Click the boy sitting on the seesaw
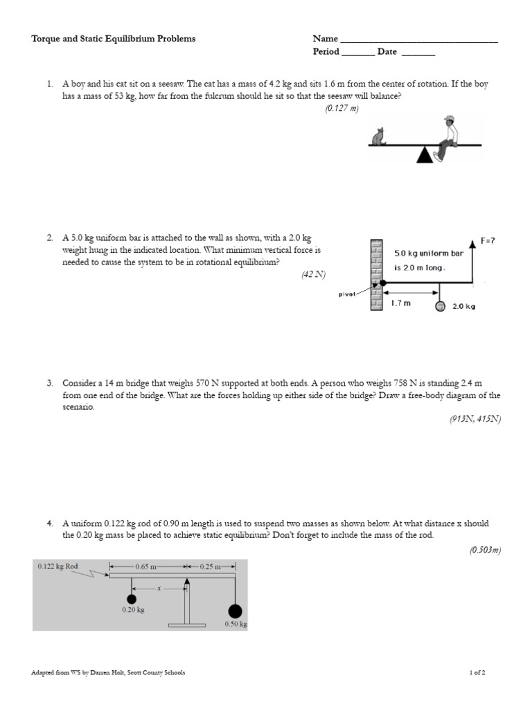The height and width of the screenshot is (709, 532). click(x=447, y=136)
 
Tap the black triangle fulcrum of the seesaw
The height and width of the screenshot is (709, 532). click(x=424, y=155)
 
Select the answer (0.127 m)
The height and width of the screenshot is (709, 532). click(x=342, y=109)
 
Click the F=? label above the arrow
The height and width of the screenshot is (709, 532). click(x=488, y=241)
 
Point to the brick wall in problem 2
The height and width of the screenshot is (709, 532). click(x=376, y=275)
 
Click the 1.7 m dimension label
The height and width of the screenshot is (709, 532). click(x=401, y=303)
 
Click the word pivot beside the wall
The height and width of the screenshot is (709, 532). click(x=348, y=294)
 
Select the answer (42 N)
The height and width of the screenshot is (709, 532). click(x=313, y=274)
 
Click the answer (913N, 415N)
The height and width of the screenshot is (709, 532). click(x=475, y=419)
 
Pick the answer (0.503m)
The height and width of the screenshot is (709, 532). click(x=485, y=550)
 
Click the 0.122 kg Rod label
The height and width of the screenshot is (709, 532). click(x=58, y=566)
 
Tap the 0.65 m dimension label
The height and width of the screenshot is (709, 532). click(x=146, y=566)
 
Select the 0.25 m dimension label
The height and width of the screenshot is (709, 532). click(x=210, y=566)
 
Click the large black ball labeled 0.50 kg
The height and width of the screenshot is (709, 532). click(x=235, y=611)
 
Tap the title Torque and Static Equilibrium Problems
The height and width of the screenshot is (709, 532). click(x=114, y=39)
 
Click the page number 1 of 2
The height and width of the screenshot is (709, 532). click(x=477, y=672)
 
